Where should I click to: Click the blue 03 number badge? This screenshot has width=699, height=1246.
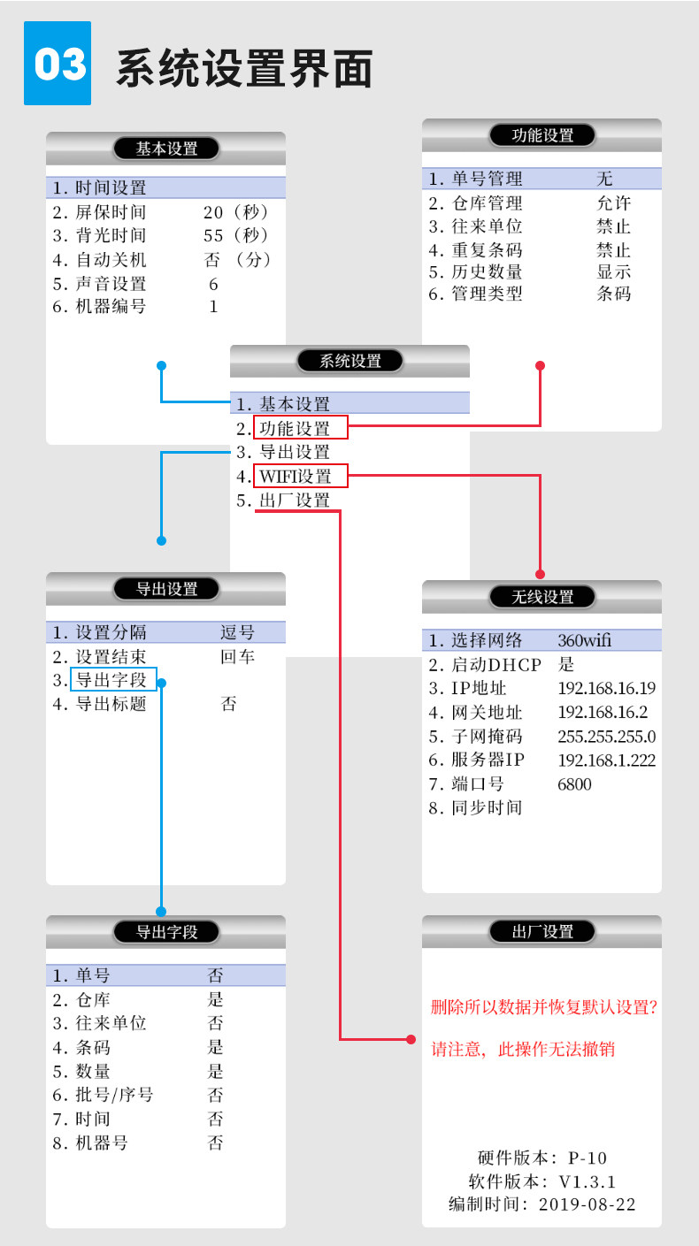(x=57, y=64)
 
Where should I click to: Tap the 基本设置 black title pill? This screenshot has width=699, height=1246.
(x=166, y=149)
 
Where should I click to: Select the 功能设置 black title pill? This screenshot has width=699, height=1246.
(x=542, y=135)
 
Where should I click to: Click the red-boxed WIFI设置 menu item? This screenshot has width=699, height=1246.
(x=300, y=477)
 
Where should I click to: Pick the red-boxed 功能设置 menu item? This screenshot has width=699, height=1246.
(x=300, y=429)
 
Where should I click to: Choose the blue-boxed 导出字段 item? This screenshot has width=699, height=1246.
(x=113, y=680)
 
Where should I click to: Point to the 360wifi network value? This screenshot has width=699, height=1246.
(x=584, y=641)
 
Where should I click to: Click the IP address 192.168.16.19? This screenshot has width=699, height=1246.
(x=606, y=689)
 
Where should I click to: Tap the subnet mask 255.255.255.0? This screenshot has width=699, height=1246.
(x=606, y=737)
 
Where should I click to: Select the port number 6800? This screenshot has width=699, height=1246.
(x=574, y=784)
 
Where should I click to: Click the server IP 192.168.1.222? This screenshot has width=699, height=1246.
(x=606, y=761)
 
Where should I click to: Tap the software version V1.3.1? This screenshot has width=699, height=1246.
(x=587, y=1181)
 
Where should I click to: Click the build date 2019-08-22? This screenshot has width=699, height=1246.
(x=587, y=1204)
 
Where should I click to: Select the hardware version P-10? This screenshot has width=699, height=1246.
(x=588, y=1158)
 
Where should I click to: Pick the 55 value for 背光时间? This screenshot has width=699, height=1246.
(x=213, y=236)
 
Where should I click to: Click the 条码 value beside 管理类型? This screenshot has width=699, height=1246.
(x=613, y=294)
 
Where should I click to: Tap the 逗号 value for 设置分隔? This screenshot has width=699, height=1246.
(x=237, y=632)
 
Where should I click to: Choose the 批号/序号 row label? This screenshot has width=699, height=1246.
(x=114, y=1095)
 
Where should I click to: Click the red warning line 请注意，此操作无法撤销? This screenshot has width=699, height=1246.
(x=522, y=1050)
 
